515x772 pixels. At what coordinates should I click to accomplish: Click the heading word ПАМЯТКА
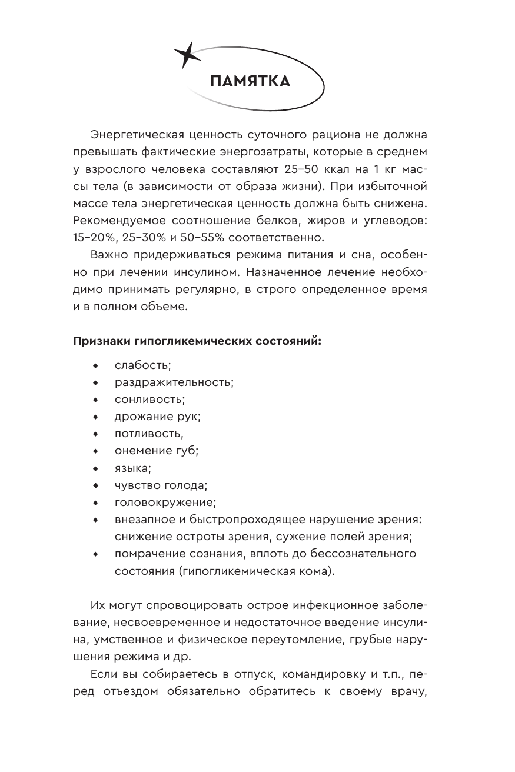250,82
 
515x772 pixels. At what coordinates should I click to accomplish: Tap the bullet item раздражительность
174,382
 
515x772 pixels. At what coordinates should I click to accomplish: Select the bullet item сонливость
149,399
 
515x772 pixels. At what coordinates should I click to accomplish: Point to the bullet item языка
133,468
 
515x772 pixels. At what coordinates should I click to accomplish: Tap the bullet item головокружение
165,503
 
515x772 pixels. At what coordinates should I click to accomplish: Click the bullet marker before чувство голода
94,485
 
